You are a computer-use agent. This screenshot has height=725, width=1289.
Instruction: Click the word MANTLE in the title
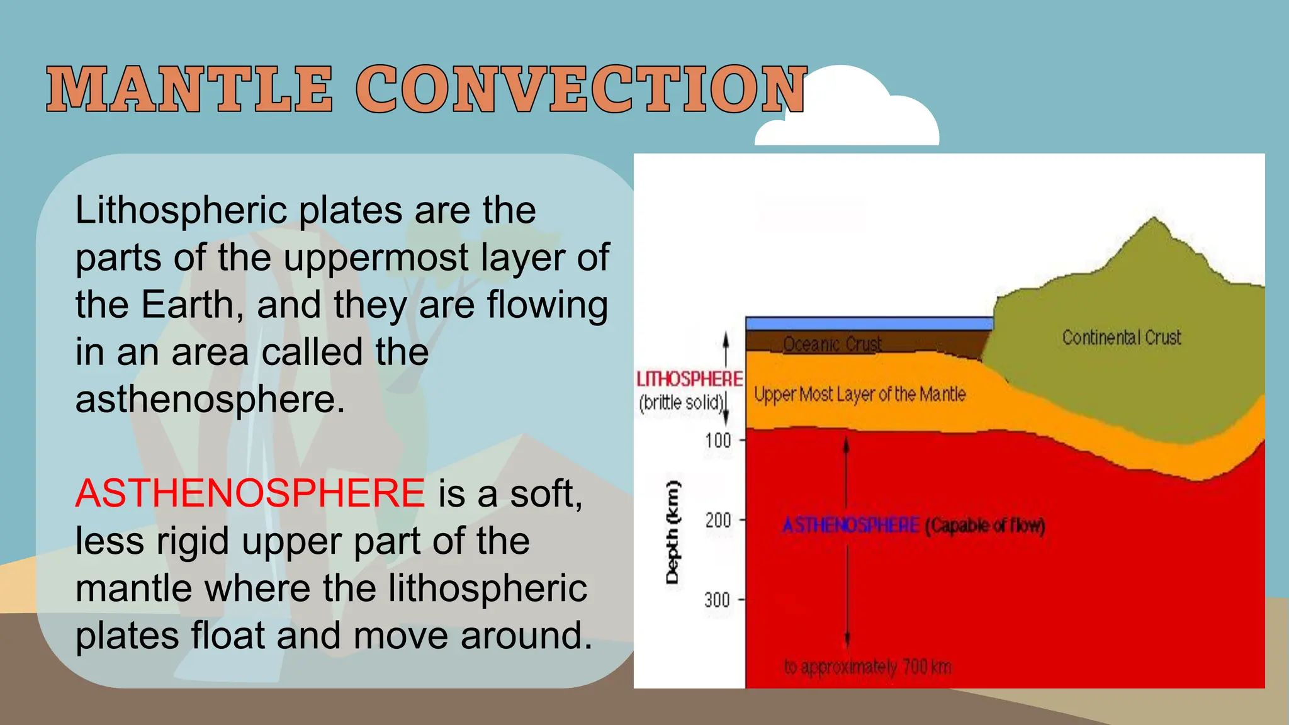189,89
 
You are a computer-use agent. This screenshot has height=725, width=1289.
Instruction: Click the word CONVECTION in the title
580,89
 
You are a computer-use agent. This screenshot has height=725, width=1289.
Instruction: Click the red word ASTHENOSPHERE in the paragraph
250,493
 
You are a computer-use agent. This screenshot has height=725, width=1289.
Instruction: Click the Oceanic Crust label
832,344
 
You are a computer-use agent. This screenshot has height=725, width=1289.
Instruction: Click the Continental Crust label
1121,337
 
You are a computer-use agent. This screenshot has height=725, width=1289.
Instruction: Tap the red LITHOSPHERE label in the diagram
689,379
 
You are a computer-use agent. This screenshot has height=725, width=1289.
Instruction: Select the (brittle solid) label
681,402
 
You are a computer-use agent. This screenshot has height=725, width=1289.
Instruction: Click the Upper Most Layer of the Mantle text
860,395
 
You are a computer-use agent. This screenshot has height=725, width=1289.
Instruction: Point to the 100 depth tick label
718,440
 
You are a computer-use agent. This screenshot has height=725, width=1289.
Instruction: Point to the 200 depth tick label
718,520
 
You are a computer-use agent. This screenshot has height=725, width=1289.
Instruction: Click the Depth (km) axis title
673,532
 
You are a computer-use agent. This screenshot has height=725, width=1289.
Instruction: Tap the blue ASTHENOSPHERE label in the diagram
851,525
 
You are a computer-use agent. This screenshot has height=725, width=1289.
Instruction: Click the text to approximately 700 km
867,666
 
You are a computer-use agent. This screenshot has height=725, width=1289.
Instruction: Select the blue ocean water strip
869,323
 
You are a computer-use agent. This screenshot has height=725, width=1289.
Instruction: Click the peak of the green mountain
1154,220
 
